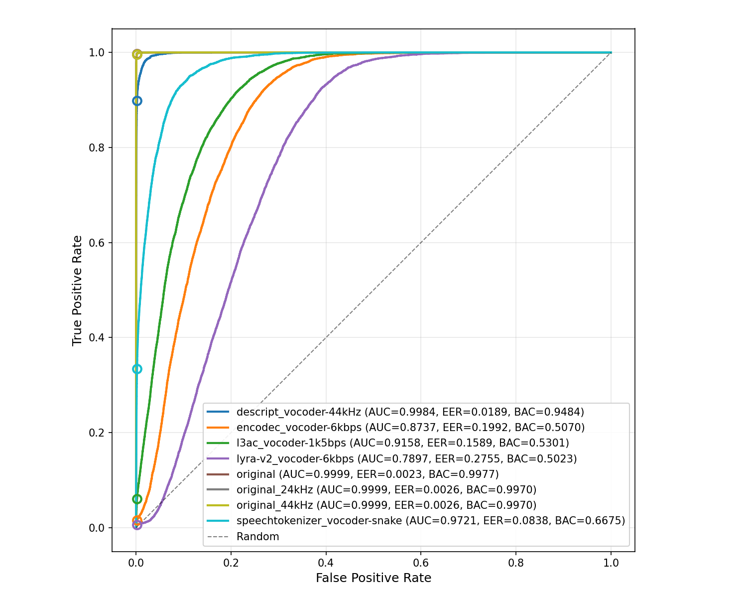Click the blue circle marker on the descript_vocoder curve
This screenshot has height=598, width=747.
pyautogui.click(x=137, y=101)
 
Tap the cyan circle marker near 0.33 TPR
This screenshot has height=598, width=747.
pyautogui.click(x=137, y=369)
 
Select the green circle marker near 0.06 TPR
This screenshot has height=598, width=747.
pyautogui.click(x=137, y=499)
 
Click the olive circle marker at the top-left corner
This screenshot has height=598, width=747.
pyautogui.click(x=137, y=54)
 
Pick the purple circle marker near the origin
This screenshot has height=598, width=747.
pyautogui.click(x=137, y=524)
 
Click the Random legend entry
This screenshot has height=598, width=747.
pyautogui.click(x=257, y=537)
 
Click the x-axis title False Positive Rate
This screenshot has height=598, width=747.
pyautogui.click(x=373, y=578)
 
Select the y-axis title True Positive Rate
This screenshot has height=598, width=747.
pyautogui.click(x=77, y=291)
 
